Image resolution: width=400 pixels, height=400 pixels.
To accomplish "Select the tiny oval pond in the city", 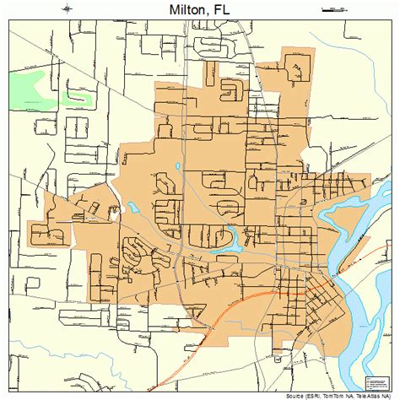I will point(178,167).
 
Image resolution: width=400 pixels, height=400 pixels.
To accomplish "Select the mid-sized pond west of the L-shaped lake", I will point(135,208).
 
